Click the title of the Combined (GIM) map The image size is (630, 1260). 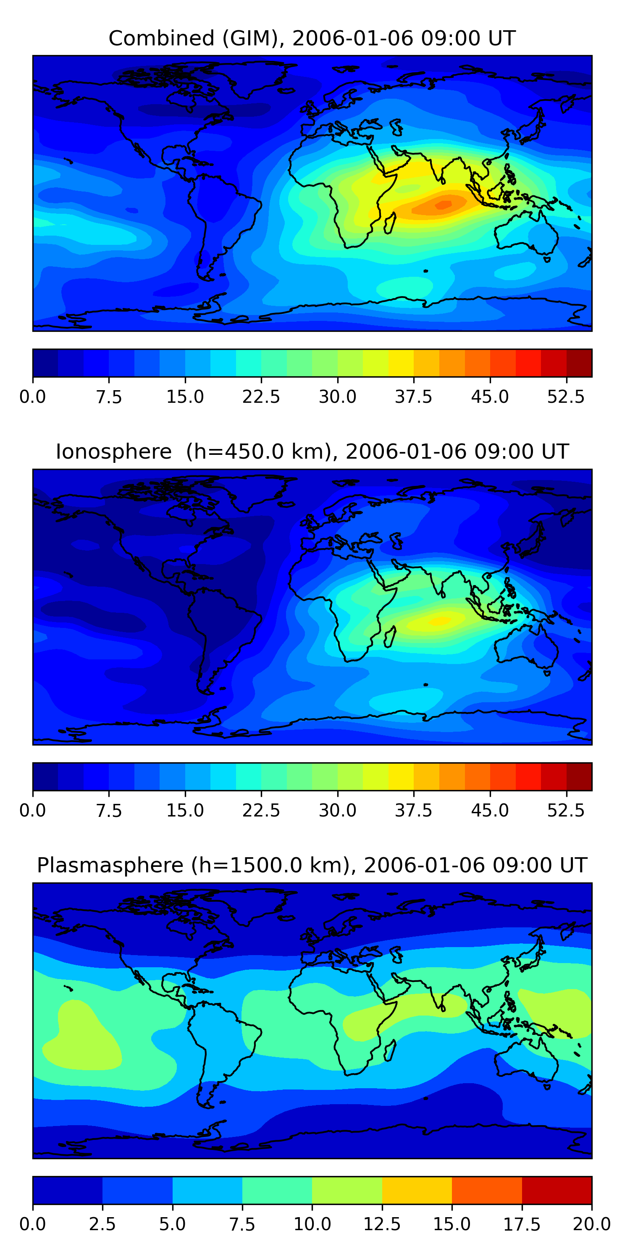pyautogui.click(x=312, y=38)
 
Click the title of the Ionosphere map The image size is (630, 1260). pyautogui.click(x=312, y=451)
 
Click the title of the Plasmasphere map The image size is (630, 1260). pyautogui.click(x=312, y=865)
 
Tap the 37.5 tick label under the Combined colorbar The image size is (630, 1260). pyautogui.click(x=413, y=396)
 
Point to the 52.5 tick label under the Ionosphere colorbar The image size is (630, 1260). pyautogui.click(x=566, y=811)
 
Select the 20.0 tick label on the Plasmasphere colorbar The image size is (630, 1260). pyautogui.click(x=591, y=1224)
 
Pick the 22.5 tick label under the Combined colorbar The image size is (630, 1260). pyautogui.click(x=261, y=396)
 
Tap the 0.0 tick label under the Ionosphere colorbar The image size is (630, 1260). pyautogui.click(x=33, y=811)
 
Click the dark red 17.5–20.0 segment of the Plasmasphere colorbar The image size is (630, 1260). pyautogui.click(x=556, y=1190)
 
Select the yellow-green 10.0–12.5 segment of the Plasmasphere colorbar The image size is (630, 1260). pyautogui.click(x=347, y=1190)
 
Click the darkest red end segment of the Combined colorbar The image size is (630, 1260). pyautogui.click(x=579, y=363)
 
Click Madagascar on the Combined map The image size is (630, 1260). pyautogui.click(x=390, y=223)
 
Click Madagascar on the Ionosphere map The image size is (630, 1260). pyautogui.click(x=390, y=637)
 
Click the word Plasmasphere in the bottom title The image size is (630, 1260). pyautogui.click(x=110, y=865)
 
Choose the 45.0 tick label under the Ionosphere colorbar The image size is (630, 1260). pyautogui.click(x=490, y=811)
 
